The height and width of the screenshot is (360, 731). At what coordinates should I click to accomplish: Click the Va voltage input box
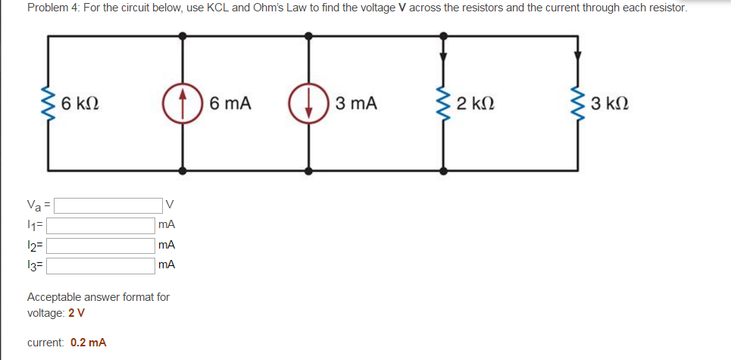click(107, 205)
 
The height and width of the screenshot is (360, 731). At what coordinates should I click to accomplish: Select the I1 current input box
click(102, 225)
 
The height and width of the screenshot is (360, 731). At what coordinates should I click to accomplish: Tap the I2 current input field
click(102, 246)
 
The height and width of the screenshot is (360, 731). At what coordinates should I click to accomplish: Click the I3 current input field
click(102, 265)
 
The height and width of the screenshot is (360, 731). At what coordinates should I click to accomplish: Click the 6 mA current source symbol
click(182, 102)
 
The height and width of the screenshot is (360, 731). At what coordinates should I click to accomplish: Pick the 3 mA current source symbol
click(308, 102)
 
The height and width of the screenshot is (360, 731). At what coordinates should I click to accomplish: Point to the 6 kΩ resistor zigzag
click(51, 102)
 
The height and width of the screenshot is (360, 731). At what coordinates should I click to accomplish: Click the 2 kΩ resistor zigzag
click(443, 102)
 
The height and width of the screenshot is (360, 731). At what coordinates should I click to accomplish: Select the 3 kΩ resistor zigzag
click(577, 102)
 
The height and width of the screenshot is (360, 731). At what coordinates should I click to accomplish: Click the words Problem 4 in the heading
click(52, 8)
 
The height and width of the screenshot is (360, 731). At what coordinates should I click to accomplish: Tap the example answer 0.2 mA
click(88, 343)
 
